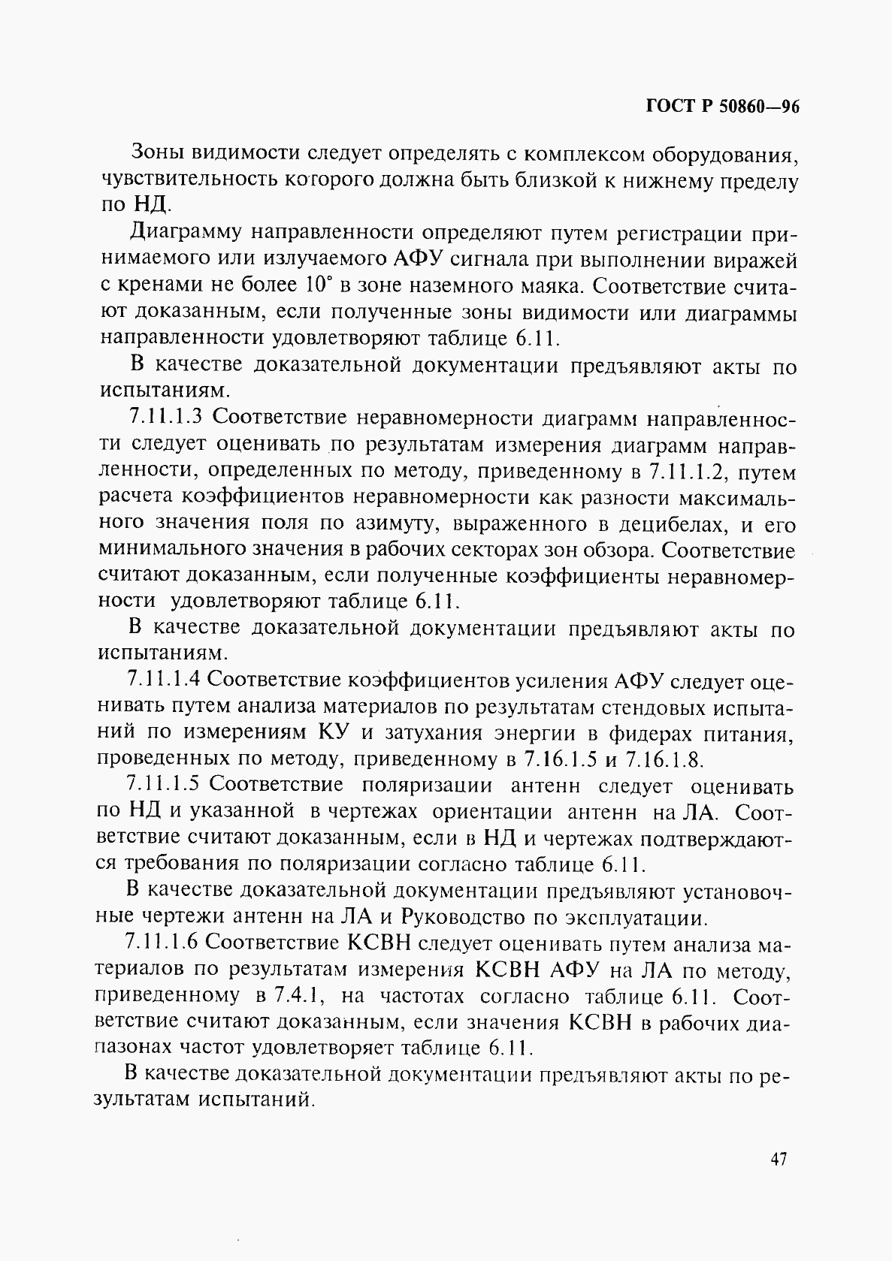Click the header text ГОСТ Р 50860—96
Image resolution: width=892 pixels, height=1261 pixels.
[721, 107]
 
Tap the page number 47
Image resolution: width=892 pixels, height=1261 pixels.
[778, 1159]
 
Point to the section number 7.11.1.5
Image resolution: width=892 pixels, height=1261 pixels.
[162, 784]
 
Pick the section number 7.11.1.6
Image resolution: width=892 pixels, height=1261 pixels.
[162, 942]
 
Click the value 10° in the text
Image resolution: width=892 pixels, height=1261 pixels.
[319, 286]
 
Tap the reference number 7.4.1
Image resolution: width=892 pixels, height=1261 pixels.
[299, 995]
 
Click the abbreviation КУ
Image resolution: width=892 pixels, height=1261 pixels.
[335, 732]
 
